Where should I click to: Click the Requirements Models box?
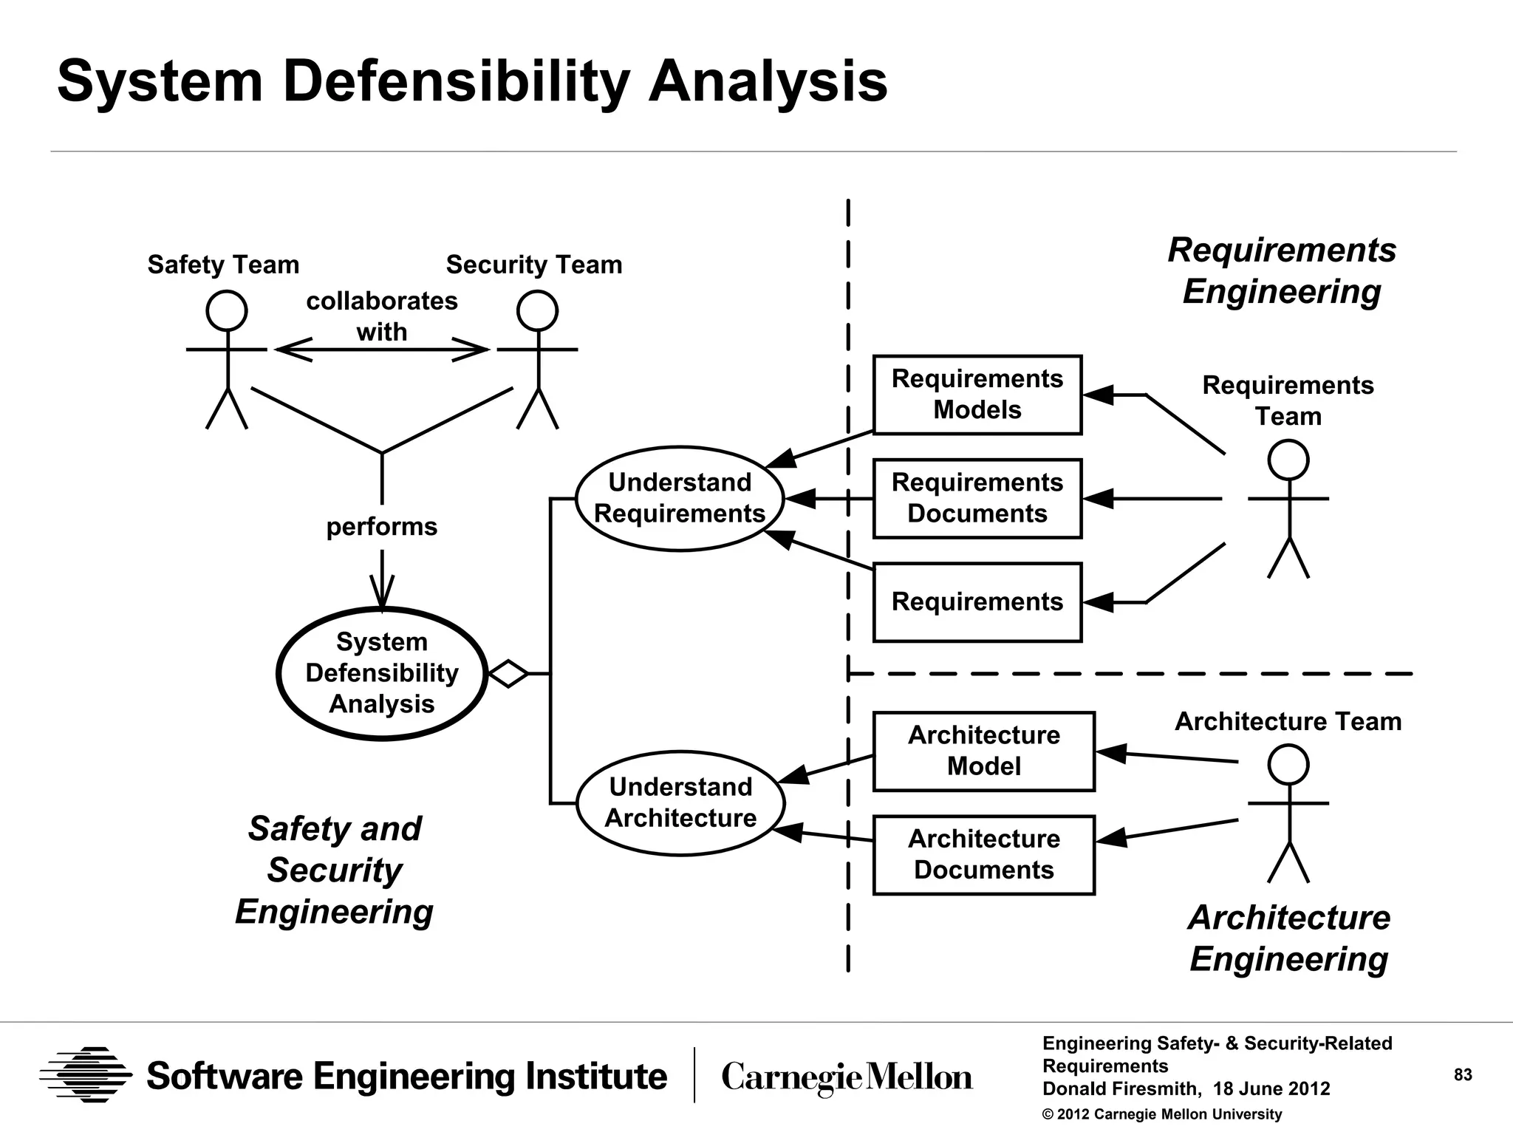977,395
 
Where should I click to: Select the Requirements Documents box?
977,498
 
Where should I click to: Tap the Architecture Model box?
983,751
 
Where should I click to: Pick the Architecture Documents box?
983,854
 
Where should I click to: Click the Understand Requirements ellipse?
679,498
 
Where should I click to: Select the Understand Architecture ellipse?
680,802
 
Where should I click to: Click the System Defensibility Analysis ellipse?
381,673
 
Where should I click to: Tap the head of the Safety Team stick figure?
226,310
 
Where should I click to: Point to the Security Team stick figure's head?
537,310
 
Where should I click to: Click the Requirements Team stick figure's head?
1288,460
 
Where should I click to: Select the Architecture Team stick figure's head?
1288,764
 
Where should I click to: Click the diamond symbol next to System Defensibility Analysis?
508,673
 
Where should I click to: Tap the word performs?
381,527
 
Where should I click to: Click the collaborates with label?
381,316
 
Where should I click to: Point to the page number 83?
1463,1074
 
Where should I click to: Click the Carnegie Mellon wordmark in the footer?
847,1077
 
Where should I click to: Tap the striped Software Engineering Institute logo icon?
86,1074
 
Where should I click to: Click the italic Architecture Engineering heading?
1289,938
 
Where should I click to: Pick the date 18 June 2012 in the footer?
1271,1088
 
